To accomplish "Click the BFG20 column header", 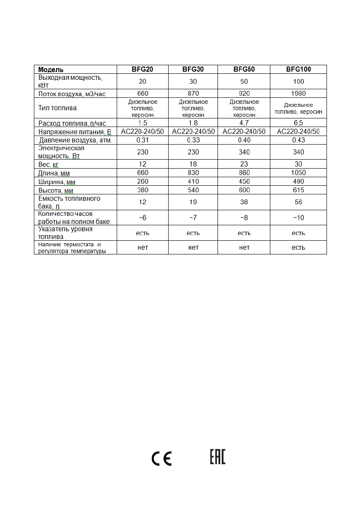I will (142, 69).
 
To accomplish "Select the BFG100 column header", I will (298, 69).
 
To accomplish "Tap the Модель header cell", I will (51, 70).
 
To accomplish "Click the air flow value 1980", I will (298, 94).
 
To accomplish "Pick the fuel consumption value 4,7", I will (244, 123).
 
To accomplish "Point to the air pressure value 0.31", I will (142, 140).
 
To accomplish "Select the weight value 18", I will (193, 164).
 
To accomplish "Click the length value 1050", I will (298, 173).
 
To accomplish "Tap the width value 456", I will (244, 181).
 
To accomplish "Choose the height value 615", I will (298, 190).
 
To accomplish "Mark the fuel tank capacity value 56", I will (298, 202).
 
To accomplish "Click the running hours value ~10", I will (298, 218).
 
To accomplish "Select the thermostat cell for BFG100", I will (298, 248).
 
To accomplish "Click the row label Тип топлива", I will (57, 108).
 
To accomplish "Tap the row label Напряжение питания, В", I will (75, 132).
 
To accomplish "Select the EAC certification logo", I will (218, 457).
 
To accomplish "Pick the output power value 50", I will (244, 82).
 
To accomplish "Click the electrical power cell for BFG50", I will (244, 152).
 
